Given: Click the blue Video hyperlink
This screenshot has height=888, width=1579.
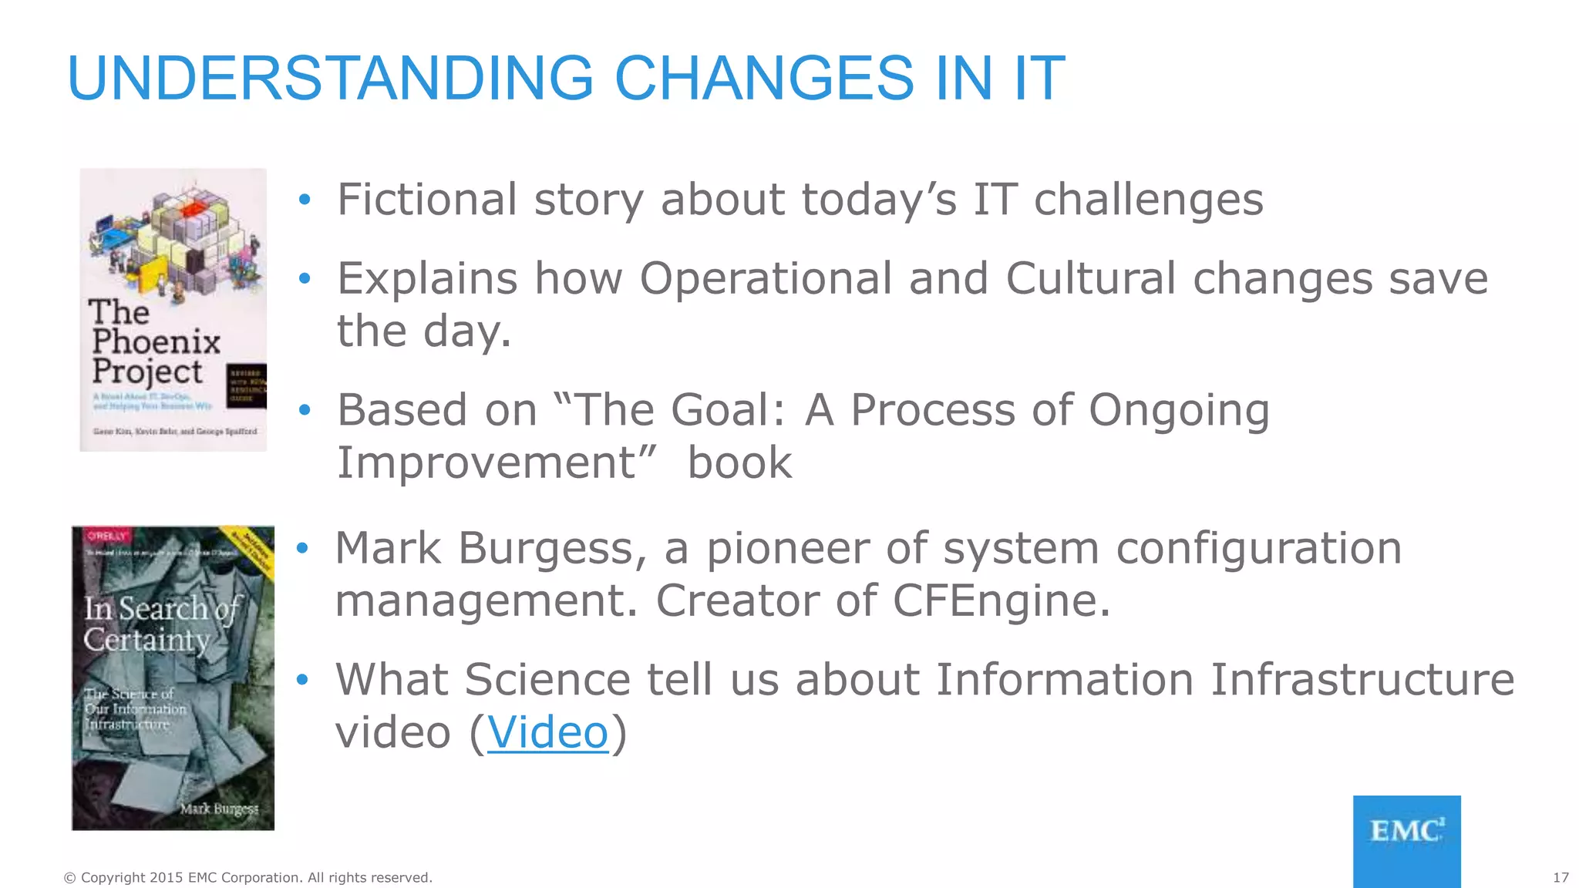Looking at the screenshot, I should click(547, 732).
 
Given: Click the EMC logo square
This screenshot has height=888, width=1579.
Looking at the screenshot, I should click(1406, 840).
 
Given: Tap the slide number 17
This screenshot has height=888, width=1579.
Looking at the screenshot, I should click(1560, 877).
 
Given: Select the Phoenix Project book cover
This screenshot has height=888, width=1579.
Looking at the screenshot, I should click(173, 310).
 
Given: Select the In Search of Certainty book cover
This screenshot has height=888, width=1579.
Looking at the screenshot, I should click(173, 678).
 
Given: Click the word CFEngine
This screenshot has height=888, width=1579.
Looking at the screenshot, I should click(1001, 601).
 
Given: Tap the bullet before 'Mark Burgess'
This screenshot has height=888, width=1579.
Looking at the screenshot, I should click(303, 548).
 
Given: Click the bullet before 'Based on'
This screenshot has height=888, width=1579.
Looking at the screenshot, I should click(305, 410).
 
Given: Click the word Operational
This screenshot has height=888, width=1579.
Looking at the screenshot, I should click(765, 279).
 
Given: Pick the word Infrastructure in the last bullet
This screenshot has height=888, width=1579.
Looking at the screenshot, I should click(1362, 680).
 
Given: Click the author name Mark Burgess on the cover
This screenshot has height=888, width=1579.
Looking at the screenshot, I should click(219, 809).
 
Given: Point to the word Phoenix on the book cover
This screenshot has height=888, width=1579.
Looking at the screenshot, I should click(157, 341).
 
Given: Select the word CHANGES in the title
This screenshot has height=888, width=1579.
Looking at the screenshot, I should click(763, 79).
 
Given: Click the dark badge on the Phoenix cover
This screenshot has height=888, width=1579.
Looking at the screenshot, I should click(247, 386).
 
